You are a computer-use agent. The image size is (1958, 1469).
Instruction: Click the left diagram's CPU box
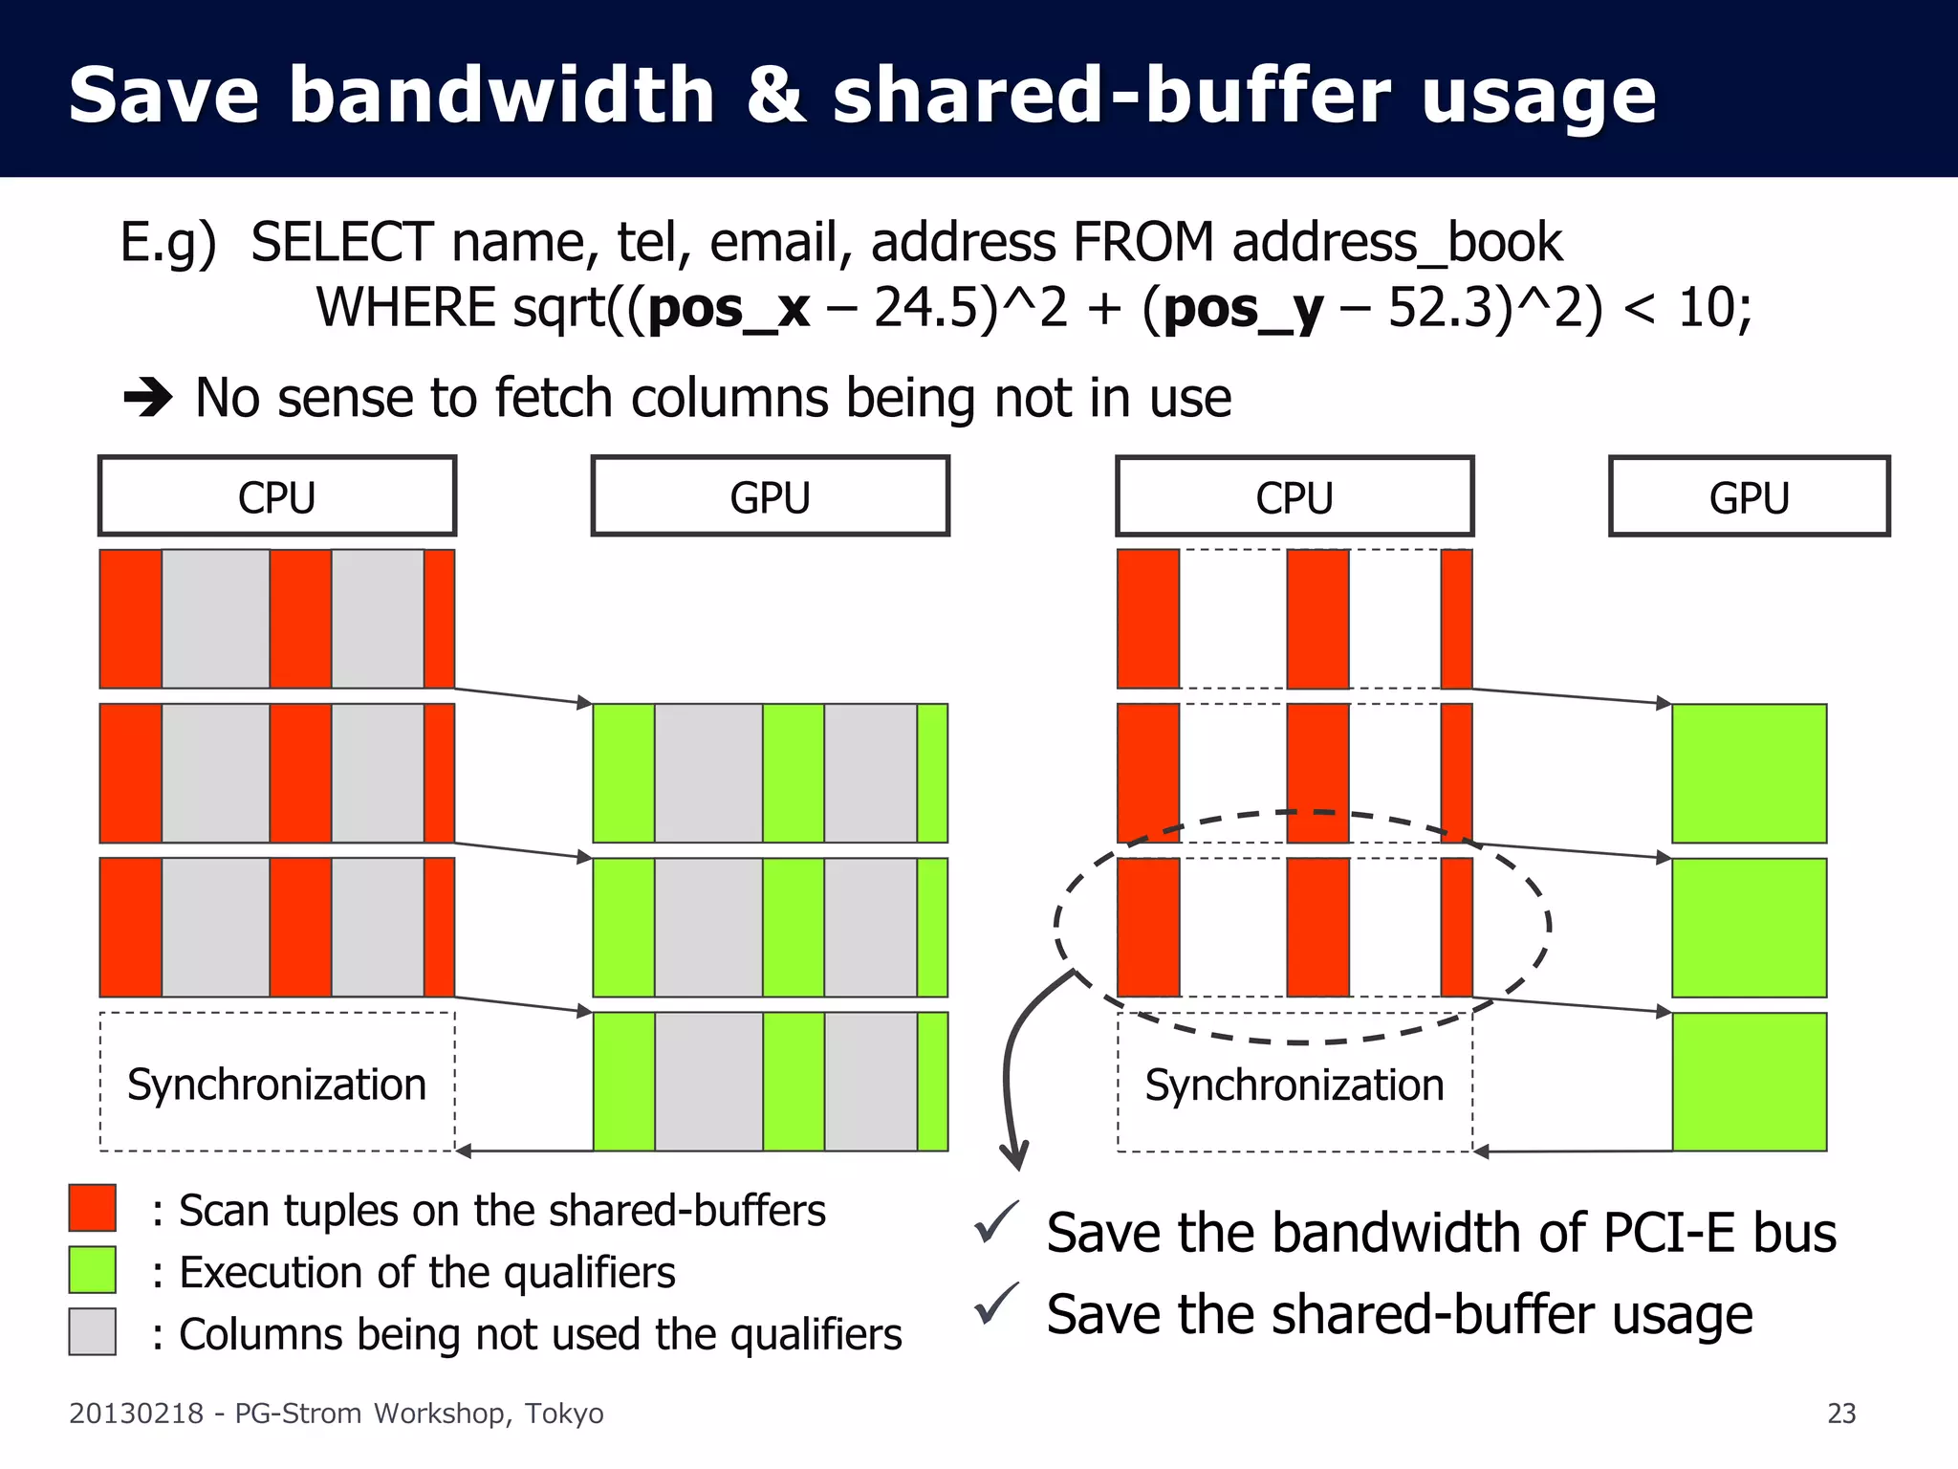[277, 496]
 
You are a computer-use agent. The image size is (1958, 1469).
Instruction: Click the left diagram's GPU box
[770, 496]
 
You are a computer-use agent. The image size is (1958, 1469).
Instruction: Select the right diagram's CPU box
[1294, 496]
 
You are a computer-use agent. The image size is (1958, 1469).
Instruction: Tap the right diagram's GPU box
[1749, 496]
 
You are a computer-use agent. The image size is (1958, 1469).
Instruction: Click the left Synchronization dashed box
[277, 1083]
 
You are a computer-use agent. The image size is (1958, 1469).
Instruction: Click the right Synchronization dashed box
[1294, 1083]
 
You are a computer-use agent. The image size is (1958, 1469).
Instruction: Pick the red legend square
[93, 1208]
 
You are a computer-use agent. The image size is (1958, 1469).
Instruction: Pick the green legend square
[93, 1270]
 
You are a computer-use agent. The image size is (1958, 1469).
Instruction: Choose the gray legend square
[93, 1332]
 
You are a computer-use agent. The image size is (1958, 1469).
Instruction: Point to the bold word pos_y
[1243, 309]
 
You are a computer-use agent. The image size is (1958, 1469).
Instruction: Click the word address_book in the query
[1397, 243]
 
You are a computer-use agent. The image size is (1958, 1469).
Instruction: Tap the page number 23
[1841, 1414]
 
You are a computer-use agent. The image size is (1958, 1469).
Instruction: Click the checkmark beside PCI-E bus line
[996, 1223]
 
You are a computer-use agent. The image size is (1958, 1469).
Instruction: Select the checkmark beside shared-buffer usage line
[996, 1305]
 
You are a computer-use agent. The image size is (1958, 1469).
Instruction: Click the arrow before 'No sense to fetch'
[148, 398]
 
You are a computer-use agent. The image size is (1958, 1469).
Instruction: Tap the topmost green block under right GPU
[1749, 774]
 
